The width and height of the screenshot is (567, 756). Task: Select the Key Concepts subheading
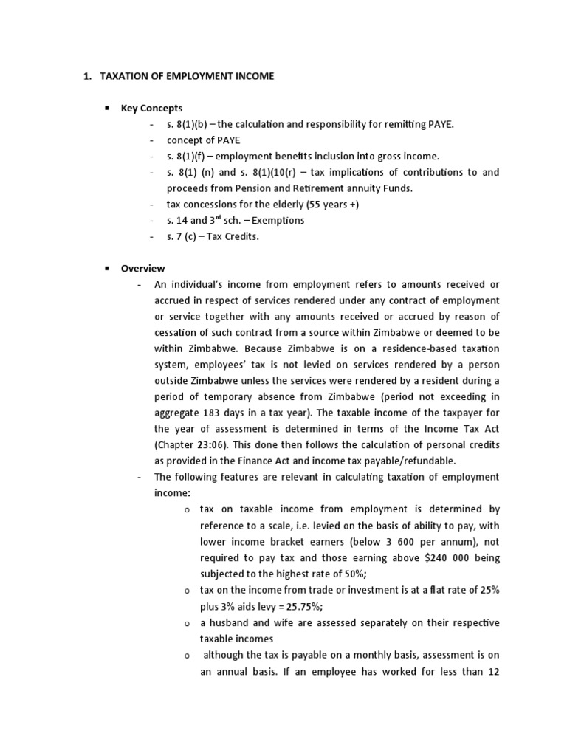(151, 108)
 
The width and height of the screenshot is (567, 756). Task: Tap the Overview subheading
(142, 268)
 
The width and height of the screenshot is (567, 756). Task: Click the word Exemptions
(278, 220)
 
